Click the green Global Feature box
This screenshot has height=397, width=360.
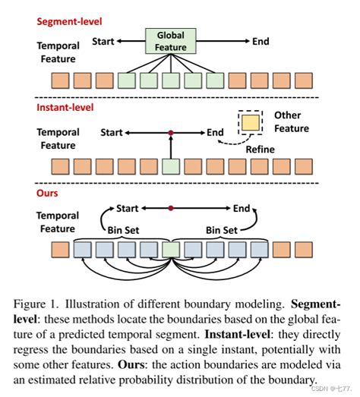pyautogui.click(x=170, y=41)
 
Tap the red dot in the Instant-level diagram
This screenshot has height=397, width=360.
pyautogui.click(x=172, y=133)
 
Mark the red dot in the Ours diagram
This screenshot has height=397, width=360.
pyautogui.click(x=172, y=208)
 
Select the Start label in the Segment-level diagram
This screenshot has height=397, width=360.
pyautogui.click(x=103, y=41)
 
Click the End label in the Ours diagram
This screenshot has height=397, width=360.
pyautogui.click(x=242, y=208)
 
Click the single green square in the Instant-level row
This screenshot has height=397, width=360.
pyautogui.click(x=172, y=166)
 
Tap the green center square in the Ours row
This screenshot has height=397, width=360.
pyautogui.click(x=172, y=248)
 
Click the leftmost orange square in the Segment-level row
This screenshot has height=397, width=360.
pyautogui.click(x=60, y=80)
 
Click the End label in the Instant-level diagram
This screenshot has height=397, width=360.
pyautogui.click(x=216, y=133)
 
